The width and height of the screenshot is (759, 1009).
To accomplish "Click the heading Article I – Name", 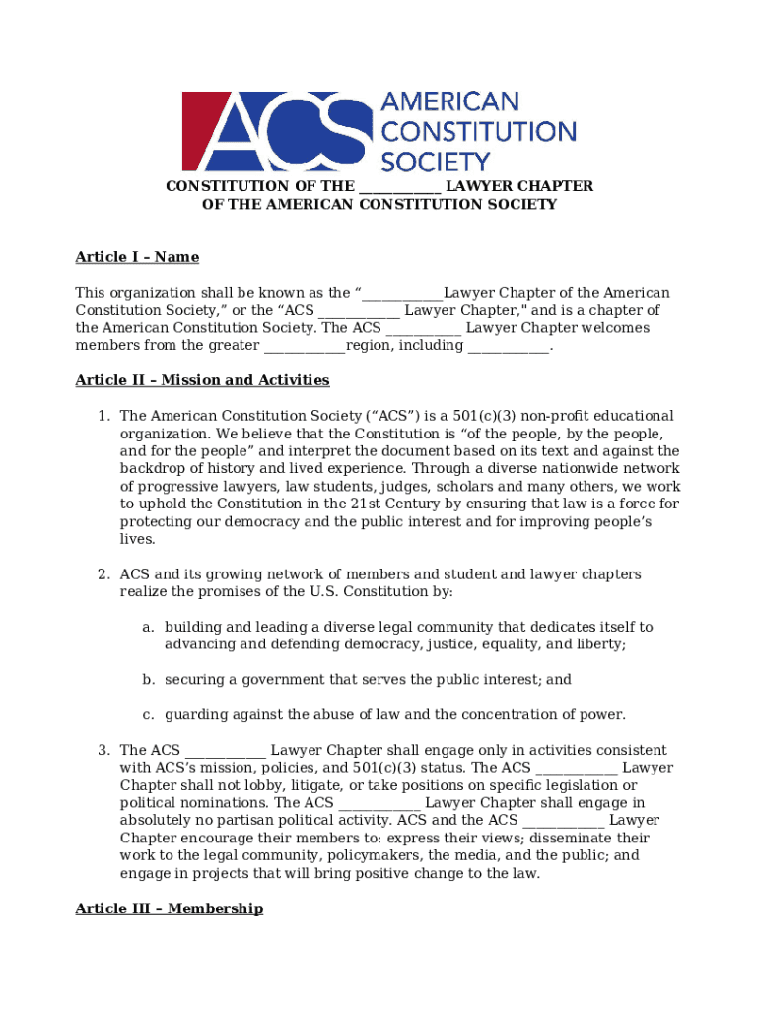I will click(x=137, y=257).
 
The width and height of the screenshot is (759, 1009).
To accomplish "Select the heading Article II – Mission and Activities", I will click(x=202, y=380).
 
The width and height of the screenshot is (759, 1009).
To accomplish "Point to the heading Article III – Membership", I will click(x=169, y=908).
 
